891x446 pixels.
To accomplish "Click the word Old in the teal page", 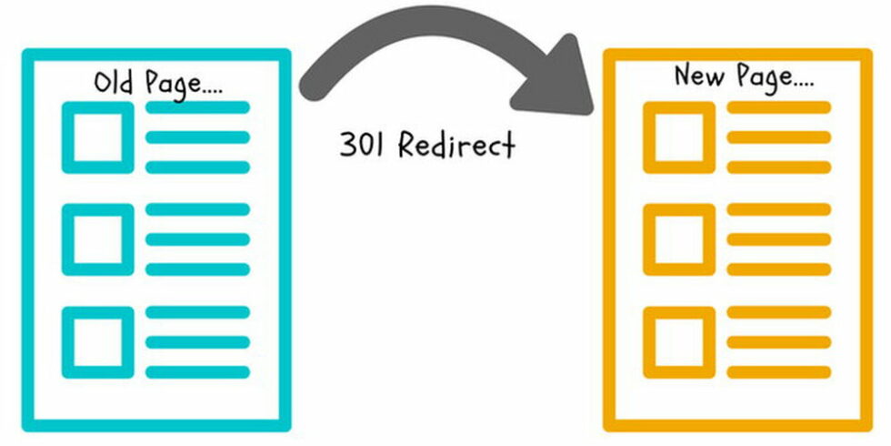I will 115,83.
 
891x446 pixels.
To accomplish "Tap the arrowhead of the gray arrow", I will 560,82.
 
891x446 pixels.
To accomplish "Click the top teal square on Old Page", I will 97,137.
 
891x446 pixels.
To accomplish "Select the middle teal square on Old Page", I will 97,239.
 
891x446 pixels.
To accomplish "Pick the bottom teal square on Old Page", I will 97,342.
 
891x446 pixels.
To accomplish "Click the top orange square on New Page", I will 679,137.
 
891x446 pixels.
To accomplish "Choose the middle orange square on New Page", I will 679,239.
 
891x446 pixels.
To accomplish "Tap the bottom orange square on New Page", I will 679,342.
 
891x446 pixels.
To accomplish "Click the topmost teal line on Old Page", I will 197,108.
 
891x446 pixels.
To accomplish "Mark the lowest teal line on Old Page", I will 197,372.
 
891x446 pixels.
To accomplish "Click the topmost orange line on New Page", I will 779,108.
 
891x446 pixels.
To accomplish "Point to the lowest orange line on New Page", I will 779,372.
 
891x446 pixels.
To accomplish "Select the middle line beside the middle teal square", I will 197,239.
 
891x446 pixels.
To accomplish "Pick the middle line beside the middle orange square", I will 779,239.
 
